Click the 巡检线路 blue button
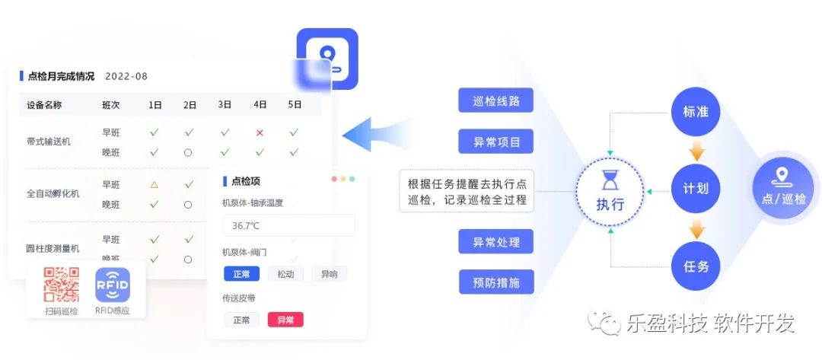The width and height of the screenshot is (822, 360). click(x=495, y=100)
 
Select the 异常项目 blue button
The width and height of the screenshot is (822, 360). click(x=495, y=141)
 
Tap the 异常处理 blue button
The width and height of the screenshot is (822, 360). click(x=495, y=241)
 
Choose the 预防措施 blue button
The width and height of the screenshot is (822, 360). click(x=495, y=282)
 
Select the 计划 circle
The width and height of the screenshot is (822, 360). click(x=696, y=190)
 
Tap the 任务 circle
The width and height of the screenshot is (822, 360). click(x=696, y=266)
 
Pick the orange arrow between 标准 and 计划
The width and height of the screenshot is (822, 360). click(x=696, y=151)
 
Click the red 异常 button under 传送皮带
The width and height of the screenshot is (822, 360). click(x=285, y=320)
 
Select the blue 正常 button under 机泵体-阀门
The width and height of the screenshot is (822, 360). click(x=241, y=274)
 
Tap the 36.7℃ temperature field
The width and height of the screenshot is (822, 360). click(x=288, y=225)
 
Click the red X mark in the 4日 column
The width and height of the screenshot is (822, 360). click(x=260, y=132)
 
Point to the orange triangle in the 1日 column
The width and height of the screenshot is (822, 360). click(x=155, y=184)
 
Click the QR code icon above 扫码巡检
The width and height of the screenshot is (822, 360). click(x=62, y=285)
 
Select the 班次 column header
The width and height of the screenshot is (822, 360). click(x=111, y=105)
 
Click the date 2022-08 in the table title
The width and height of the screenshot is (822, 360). click(x=126, y=76)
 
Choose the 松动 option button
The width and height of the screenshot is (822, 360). click(x=285, y=274)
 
